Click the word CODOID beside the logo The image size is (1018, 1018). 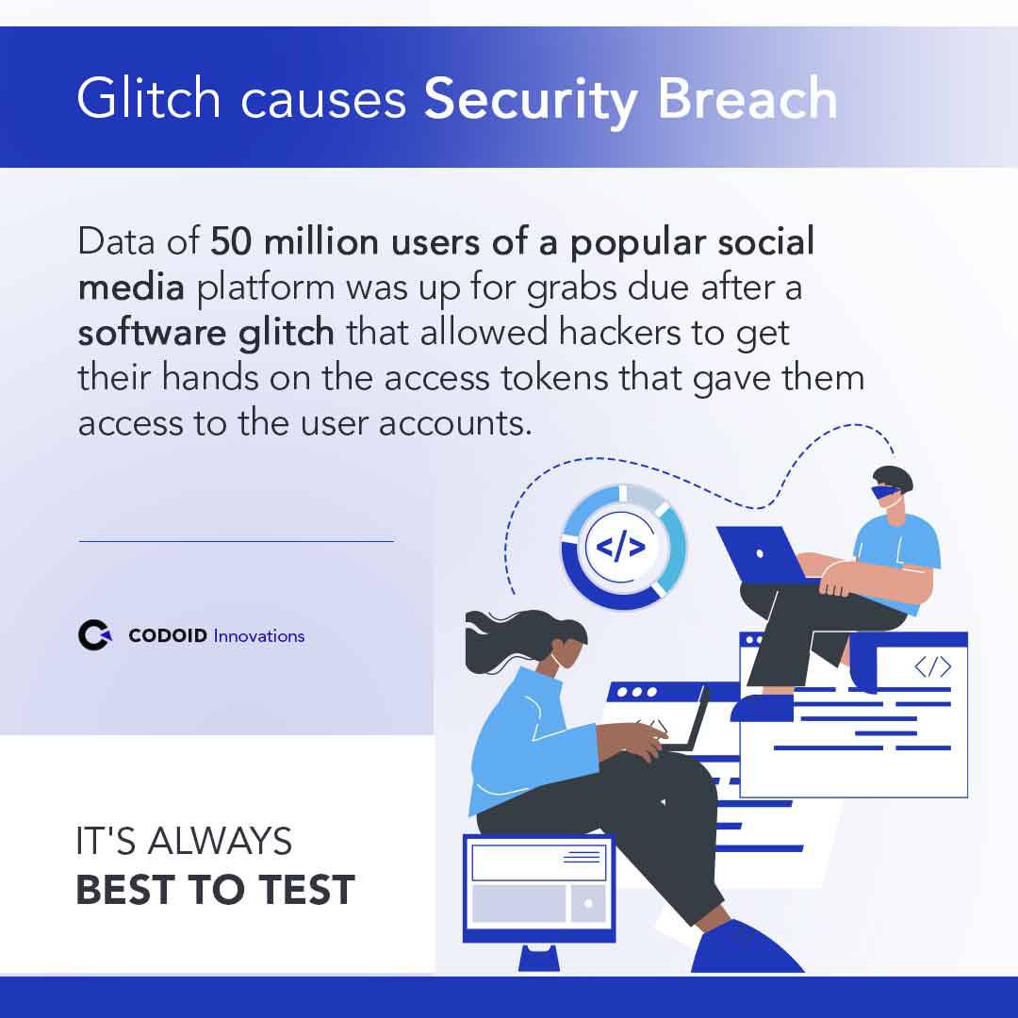169,636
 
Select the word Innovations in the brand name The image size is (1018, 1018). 259,636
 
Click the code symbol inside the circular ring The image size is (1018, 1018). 622,547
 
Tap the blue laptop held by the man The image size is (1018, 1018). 759,553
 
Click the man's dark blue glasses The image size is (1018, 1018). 886,491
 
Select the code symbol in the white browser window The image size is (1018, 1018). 932,667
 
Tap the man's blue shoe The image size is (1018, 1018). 762,708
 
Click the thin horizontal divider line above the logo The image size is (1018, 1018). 236,542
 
